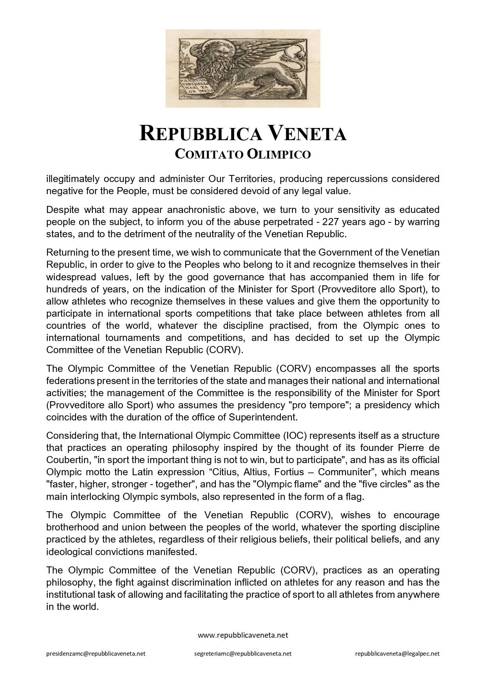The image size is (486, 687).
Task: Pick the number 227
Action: point(330,222)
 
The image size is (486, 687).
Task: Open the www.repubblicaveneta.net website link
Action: point(243,635)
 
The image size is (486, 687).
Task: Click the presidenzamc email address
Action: point(96,654)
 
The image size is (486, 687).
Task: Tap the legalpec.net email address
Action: point(397,654)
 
